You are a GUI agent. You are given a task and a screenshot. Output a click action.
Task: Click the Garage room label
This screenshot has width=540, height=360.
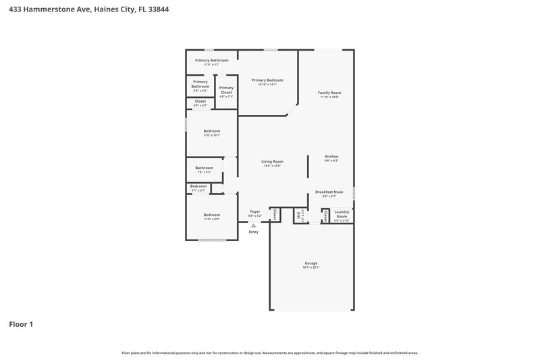(310, 263)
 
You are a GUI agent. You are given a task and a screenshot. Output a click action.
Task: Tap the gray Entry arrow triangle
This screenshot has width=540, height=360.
(253, 226)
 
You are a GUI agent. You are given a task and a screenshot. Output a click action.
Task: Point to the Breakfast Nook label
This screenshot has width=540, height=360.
(329, 192)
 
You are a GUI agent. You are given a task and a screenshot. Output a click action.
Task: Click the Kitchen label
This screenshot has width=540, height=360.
(331, 156)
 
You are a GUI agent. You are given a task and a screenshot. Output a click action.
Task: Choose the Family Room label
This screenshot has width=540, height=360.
(329, 93)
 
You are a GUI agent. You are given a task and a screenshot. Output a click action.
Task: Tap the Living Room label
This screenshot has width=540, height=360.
(272, 161)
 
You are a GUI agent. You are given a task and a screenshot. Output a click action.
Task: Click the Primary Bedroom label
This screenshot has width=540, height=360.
(267, 80)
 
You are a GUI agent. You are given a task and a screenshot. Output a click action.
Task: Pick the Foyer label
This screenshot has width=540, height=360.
(255, 211)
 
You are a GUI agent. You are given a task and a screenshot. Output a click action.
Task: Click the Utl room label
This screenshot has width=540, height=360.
(299, 215)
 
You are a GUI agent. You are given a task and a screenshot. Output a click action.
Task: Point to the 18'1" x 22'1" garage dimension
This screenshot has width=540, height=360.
(310, 267)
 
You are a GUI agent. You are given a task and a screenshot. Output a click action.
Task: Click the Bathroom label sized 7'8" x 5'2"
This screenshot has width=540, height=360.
(205, 168)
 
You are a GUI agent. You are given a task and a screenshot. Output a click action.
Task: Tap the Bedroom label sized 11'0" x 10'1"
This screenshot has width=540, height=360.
(211, 131)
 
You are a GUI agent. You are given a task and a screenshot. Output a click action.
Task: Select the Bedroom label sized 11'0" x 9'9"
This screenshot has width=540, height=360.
(211, 215)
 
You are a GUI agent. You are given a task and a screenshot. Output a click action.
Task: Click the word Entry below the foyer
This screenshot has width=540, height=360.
(253, 232)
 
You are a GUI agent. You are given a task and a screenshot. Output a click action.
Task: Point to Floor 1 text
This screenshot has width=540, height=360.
(21, 324)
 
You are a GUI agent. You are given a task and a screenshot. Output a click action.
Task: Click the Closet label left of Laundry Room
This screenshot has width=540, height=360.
(326, 215)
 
